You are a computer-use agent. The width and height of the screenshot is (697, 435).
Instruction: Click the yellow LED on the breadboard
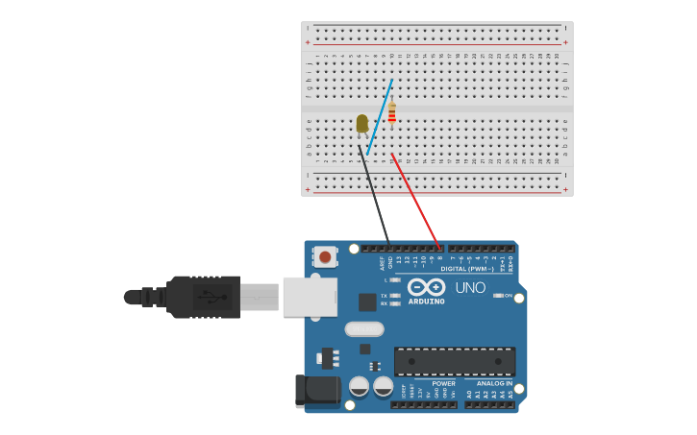coord(361,123)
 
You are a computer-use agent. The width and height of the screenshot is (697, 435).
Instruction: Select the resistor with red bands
coord(391,112)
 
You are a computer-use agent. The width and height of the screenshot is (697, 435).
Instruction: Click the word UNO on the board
coord(470,287)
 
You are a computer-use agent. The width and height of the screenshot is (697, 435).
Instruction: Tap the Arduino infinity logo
coord(425,286)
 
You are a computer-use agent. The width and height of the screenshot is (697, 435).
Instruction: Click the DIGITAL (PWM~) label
coord(466,269)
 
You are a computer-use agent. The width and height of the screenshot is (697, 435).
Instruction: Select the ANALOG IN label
coord(494,383)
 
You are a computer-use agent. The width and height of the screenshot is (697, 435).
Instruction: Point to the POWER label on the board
coord(443,383)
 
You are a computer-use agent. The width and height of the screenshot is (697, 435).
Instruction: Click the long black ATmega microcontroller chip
coord(454,360)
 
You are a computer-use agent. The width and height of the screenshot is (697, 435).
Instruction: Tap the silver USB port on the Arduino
coord(310,297)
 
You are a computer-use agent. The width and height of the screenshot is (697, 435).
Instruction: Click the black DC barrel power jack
coord(317,391)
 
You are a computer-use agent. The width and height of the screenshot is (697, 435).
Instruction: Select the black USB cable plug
coord(203,297)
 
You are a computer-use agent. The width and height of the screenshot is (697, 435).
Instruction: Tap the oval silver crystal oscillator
coord(363,329)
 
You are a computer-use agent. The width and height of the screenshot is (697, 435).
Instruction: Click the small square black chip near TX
coord(367,302)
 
